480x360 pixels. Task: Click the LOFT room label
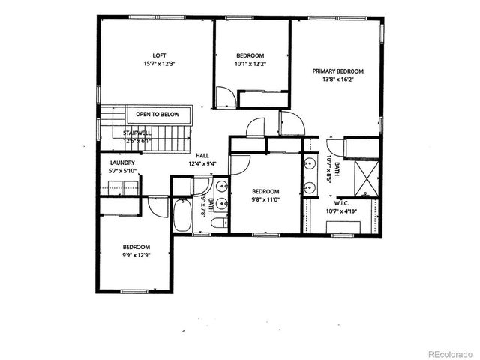point(159,55)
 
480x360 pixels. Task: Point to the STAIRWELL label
point(137,132)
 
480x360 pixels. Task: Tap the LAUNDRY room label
point(122,163)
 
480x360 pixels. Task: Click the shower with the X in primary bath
point(367,178)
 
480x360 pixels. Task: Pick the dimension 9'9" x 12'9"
point(136,254)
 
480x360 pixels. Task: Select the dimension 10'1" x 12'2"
point(250,64)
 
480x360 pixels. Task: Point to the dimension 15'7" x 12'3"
point(159,63)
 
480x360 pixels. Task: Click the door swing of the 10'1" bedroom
point(225,97)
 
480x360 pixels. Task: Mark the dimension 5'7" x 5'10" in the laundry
point(122,171)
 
